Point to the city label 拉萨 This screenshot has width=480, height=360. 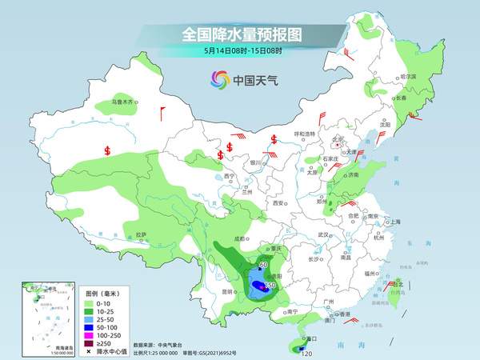tap(141, 234)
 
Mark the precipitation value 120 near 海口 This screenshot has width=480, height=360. tap(305, 352)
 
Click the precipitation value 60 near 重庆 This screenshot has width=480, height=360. tap(264, 264)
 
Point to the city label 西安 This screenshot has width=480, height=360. tap(279, 204)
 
